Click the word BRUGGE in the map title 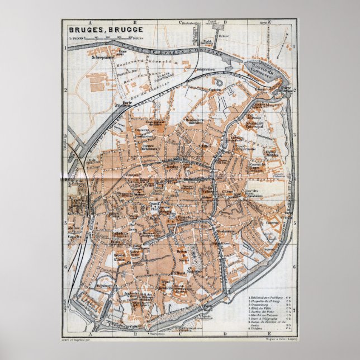pos(116,29)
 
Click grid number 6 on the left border pos(65,267)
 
